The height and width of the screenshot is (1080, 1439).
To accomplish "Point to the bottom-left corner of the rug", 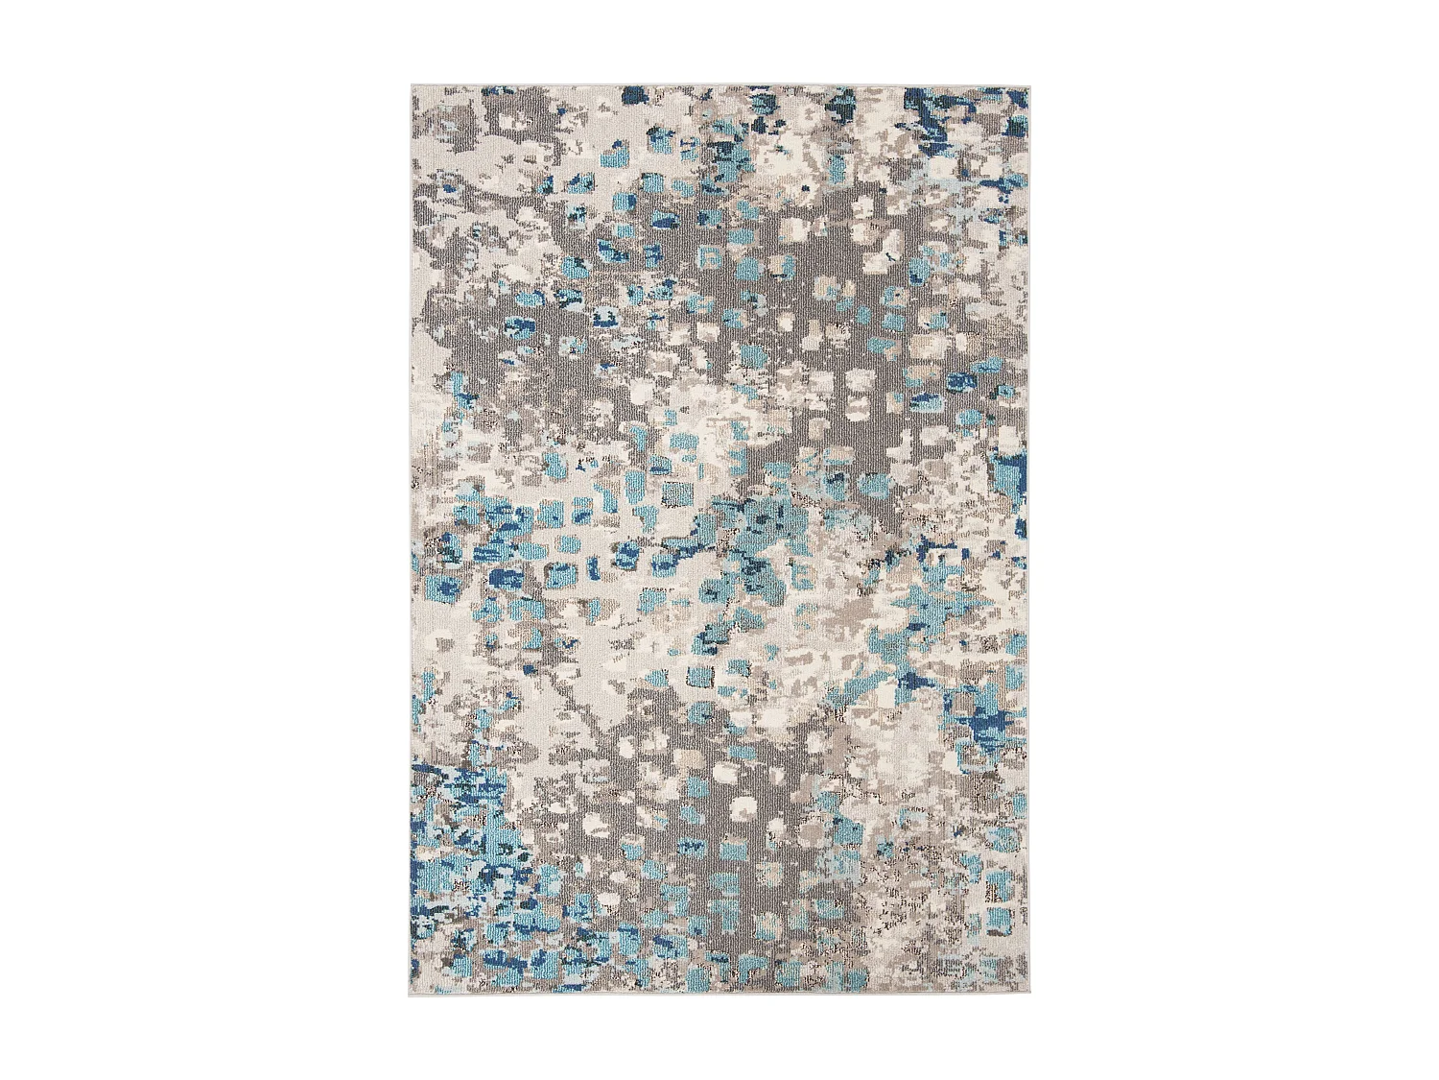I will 412,995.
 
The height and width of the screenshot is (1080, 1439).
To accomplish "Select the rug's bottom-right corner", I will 1027,995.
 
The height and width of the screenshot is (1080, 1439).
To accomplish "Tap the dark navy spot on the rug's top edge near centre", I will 633,94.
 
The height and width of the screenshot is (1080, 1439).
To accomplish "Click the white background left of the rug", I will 192,538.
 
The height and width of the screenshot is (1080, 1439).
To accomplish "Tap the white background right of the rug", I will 1247,538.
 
